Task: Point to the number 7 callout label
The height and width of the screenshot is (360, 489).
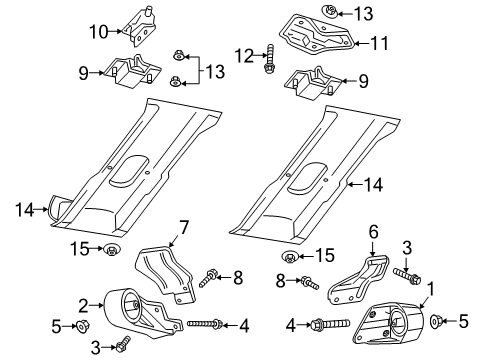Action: click(184, 234)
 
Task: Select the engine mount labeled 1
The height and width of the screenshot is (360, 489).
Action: click(389, 322)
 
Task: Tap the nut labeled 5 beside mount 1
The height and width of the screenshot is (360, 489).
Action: click(439, 322)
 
